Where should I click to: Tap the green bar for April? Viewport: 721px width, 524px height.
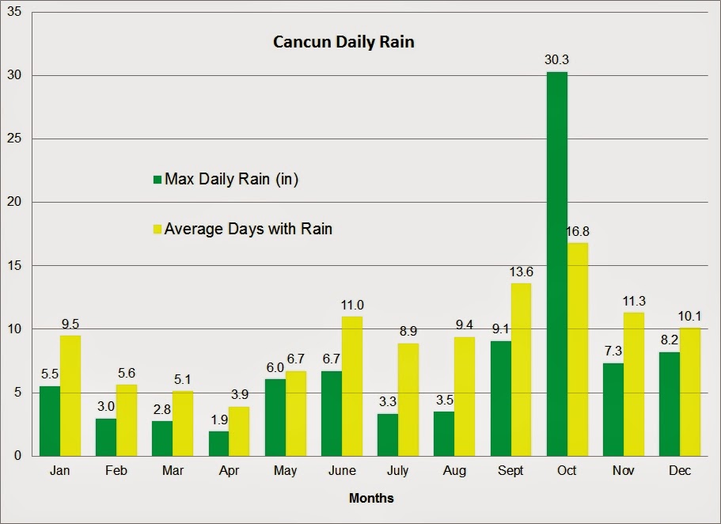tap(218, 443)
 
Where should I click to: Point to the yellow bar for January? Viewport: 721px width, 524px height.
tap(70, 395)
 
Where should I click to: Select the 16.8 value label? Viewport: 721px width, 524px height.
tap(578, 232)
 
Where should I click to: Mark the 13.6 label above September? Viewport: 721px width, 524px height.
tap(521, 272)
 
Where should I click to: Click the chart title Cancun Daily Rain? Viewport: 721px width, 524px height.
tap(343, 42)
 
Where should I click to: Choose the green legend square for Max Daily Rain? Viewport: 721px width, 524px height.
tap(157, 180)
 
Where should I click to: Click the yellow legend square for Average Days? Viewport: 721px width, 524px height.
tap(157, 230)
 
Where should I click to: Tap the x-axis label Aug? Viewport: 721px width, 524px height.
tap(454, 471)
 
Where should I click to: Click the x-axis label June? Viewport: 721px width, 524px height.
tap(342, 471)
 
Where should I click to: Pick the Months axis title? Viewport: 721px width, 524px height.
tap(371, 499)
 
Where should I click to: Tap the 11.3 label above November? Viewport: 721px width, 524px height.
tap(634, 302)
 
